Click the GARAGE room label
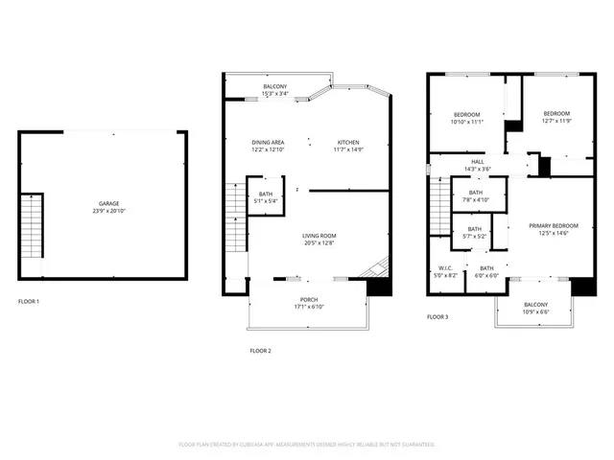click(x=108, y=204)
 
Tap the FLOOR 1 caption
click(x=29, y=301)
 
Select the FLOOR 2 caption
click(x=261, y=351)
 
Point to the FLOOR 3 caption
click(x=437, y=316)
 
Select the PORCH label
click(x=309, y=300)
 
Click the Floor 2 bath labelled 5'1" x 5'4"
click(x=266, y=197)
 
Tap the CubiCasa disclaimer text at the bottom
click(x=307, y=445)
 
